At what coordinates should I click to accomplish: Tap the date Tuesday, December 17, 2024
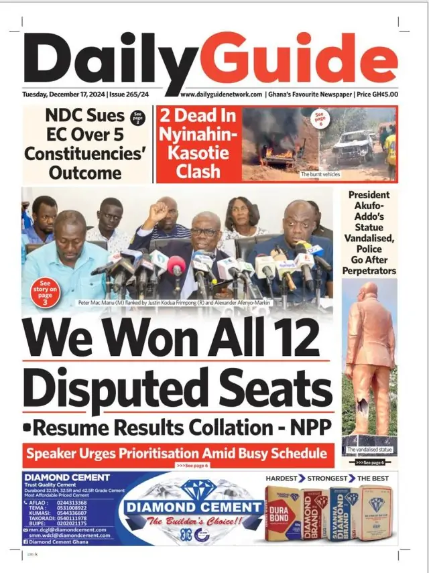click(64, 94)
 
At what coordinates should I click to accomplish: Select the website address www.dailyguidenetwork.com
click(221, 94)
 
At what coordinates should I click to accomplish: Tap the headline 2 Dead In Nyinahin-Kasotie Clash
click(198, 143)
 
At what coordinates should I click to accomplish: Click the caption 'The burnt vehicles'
click(320, 174)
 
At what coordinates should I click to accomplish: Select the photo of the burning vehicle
click(280, 141)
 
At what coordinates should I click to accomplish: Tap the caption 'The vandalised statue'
click(369, 449)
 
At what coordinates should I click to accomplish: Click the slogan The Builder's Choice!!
click(184, 521)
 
